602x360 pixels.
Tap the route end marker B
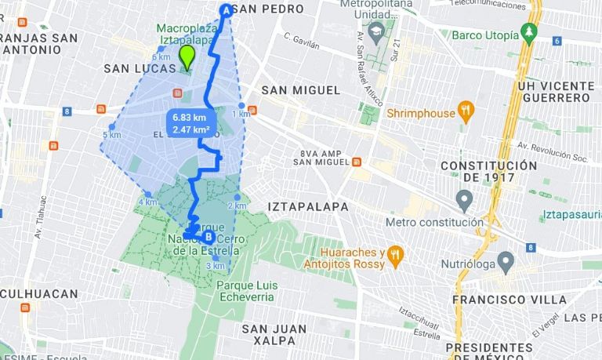coord(209,236)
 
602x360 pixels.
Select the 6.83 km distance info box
coord(189,123)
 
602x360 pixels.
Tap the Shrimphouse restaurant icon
coord(466,113)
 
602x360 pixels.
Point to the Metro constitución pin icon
coord(464,202)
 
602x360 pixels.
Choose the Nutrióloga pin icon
coord(506,261)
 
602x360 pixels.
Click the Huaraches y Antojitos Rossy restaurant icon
coord(397,254)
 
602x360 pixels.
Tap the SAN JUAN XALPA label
coord(269,334)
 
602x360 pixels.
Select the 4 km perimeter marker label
coord(147,202)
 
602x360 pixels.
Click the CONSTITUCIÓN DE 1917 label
coord(488,172)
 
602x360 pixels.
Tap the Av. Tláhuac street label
coord(38,223)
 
